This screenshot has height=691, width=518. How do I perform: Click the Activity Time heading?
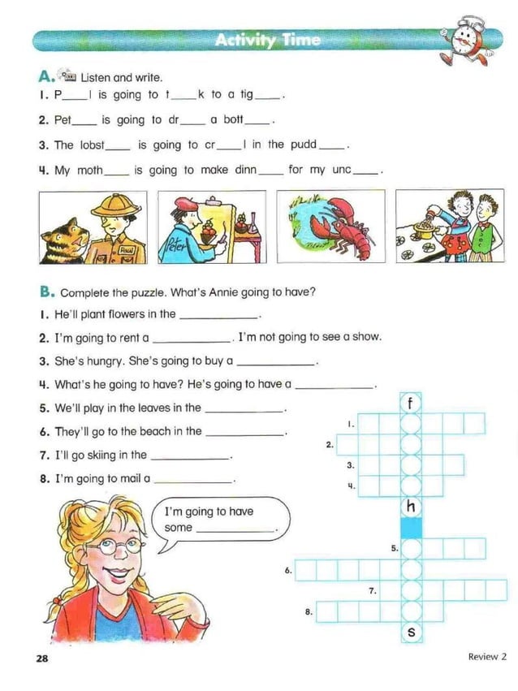point(268,40)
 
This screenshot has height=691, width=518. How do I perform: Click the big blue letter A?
point(45,77)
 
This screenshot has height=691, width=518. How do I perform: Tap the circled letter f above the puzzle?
point(412,403)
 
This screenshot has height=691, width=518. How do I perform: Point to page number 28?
point(41,659)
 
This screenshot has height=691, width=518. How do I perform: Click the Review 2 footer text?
point(486,656)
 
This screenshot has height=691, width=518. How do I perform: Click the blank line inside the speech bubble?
point(235,529)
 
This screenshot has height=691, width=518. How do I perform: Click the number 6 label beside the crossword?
point(287,571)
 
